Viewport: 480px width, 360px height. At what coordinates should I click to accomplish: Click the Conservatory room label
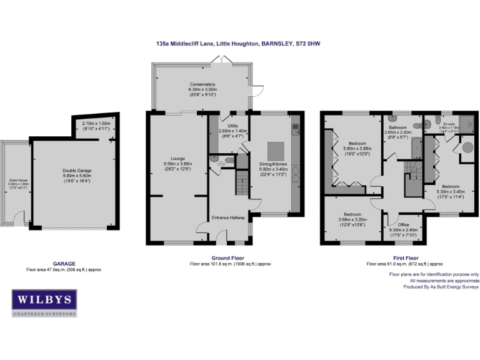(202, 84)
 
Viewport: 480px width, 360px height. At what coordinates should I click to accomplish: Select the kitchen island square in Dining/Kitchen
(276, 151)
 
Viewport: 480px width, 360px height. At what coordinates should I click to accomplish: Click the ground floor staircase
(241, 185)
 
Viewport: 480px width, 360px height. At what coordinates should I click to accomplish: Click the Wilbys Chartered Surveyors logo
(44, 303)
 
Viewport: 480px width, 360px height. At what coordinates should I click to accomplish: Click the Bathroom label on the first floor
(397, 127)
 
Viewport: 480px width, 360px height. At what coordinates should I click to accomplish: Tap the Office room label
(403, 224)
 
